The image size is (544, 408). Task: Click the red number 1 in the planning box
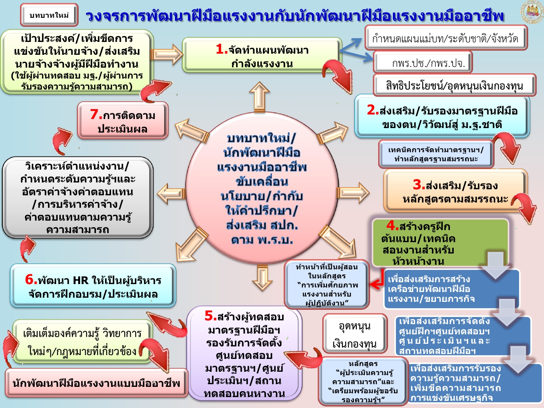tap(221, 49)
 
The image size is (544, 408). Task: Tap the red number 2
tap(373, 110)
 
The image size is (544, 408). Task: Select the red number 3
tap(419, 185)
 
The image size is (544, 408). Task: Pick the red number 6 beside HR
tap(31, 280)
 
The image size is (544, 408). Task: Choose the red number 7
tap(96, 114)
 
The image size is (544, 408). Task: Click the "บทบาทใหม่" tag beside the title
tap(49, 15)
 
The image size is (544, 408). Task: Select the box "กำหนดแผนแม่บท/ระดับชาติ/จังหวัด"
tap(446, 38)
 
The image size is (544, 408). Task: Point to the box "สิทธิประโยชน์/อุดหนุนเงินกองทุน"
tap(454, 85)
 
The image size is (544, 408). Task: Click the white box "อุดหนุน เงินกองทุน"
tap(355, 334)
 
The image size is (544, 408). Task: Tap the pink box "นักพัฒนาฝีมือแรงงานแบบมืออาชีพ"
tap(96, 383)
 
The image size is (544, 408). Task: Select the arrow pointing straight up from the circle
tap(260, 97)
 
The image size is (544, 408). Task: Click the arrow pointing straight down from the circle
tap(262, 278)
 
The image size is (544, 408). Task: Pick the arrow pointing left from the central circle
tap(171, 193)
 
